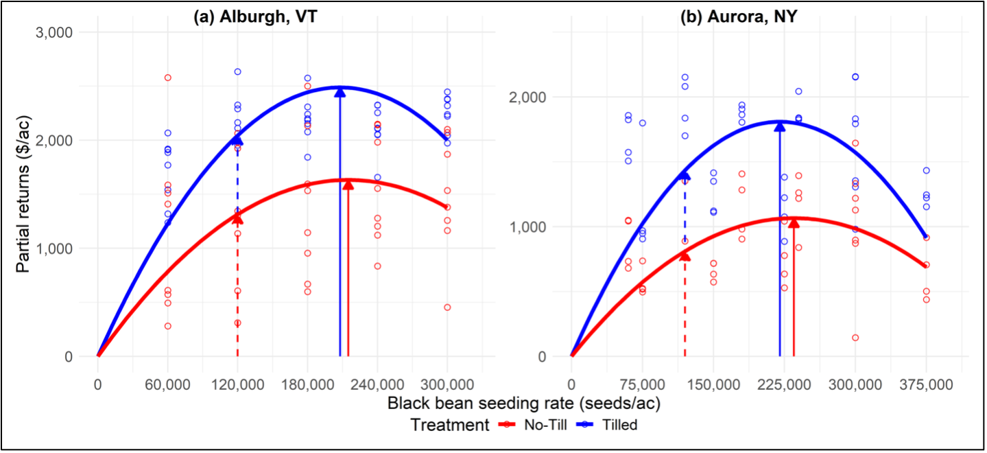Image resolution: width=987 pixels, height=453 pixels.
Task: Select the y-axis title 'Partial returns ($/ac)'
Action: pos(23,194)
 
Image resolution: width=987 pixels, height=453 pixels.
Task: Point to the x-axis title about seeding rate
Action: pos(523,403)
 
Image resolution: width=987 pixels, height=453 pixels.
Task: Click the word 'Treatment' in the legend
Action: pos(449,425)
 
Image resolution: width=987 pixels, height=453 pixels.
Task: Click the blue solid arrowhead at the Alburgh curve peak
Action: pos(340,92)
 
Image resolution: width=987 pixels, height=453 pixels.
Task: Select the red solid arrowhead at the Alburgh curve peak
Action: pos(348,185)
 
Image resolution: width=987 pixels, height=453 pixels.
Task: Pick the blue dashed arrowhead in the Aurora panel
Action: pos(685,176)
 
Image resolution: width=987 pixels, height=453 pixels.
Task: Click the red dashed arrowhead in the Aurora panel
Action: pos(685,255)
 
